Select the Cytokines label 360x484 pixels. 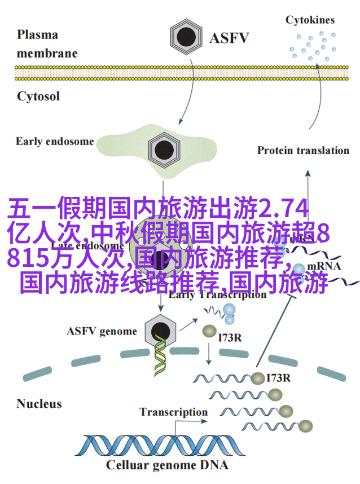pos(309,20)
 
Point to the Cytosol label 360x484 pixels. pos(38,96)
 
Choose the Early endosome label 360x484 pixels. pos(55,141)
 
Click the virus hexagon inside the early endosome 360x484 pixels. pos(164,149)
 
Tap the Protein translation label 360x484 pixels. pos(303,150)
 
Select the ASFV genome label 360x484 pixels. pos(102,331)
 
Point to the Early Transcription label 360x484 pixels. pos(217,294)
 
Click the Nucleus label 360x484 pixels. pos(39,403)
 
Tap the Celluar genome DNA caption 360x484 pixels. pos(167,465)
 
